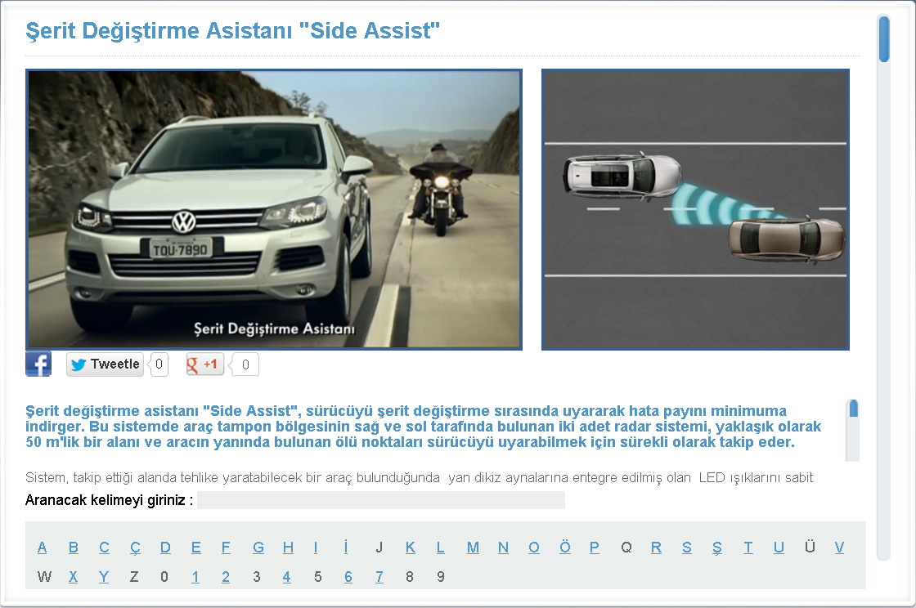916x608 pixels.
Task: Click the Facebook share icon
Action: pyautogui.click(x=38, y=364)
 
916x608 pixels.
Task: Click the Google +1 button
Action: pyautogui.click(x=204, y=364)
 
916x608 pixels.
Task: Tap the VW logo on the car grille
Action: pyautogui.click(x=184, y=221)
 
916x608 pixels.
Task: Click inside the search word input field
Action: pyautogui.click(x=381, y=500)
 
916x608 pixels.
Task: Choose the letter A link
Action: pyautogui.click(x=42, y=548)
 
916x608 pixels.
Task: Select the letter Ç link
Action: pyautogui.click(x=135, y=548)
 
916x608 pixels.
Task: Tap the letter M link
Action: pyautogui.click(x=473, y=548)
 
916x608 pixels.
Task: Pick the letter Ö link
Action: pyautogui.click(x=565, y=547)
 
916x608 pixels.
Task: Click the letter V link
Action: pyautogui.click(x=839, y=548)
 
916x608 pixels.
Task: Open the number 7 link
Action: pyautogui.click(x=379, y=577)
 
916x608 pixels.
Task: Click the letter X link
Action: pyautogui.click(x=73, y=577)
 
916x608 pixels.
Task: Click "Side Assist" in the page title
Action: pyautogui.click(x=369, y=30)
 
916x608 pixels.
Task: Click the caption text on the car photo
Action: pyautogui.click(x=274, y=329)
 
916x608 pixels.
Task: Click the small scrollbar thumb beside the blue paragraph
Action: pyautogui.click(x=854, y=409)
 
